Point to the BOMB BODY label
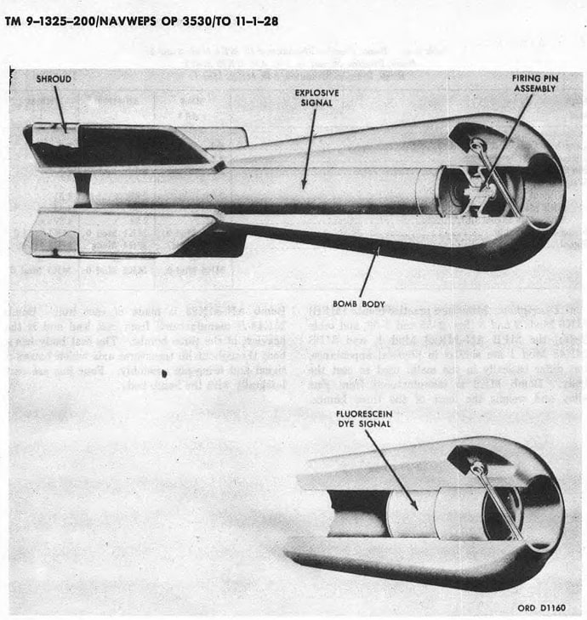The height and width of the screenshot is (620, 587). coord(357,304)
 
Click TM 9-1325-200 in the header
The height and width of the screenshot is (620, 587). coord(51,19)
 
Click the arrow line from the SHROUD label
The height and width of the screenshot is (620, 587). coord(60,108)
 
